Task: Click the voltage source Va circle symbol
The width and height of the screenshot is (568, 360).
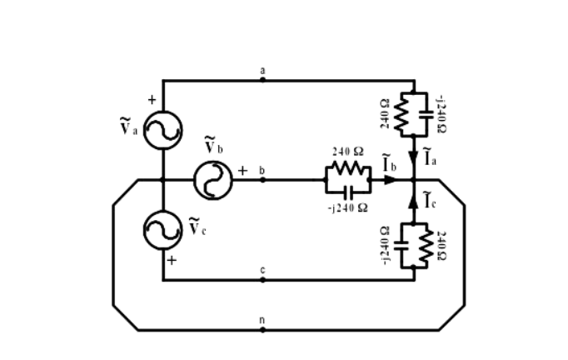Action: pos(162,130)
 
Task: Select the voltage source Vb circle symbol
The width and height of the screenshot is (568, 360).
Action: pos(213,180)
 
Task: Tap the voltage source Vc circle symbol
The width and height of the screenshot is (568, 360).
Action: pos(162,230)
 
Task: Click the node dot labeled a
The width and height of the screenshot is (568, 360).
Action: pos(263,80)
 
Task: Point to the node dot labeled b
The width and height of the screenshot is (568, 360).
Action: pos(263,180)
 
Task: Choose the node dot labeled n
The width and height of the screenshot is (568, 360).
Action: pos(263,330)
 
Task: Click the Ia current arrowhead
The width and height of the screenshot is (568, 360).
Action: pos(414,158)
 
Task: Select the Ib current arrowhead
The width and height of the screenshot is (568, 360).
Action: pos(391,180)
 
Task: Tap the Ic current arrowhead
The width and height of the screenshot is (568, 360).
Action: pos(414,202)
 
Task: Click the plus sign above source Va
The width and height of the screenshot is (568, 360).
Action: pos(152,100)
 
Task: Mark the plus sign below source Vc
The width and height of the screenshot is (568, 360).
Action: pos(171,260)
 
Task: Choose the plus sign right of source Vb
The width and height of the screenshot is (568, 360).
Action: pos(243,170)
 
